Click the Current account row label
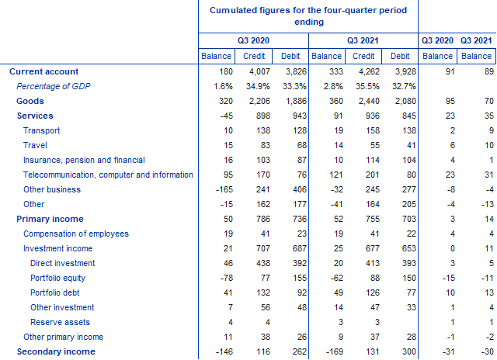(43, 71)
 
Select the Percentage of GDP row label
(54, 86)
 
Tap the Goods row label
(30, 101)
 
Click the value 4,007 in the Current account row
(259, 71)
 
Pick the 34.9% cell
(258, 86)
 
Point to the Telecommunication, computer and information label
(108, 175)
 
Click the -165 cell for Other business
(224, 189)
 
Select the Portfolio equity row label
(58, 278)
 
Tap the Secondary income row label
(56, 351)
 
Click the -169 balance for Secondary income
(335, 351)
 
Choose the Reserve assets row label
(61, 322)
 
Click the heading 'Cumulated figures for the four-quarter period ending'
(308, 16)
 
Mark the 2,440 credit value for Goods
(369, 101)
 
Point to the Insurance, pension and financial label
(84, 160)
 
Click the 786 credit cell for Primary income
(263, 219)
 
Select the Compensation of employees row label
(76, 234)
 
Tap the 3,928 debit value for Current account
(405, 71)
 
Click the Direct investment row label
(62, 264)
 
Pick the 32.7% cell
(404, 86)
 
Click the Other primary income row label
(64, 337)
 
